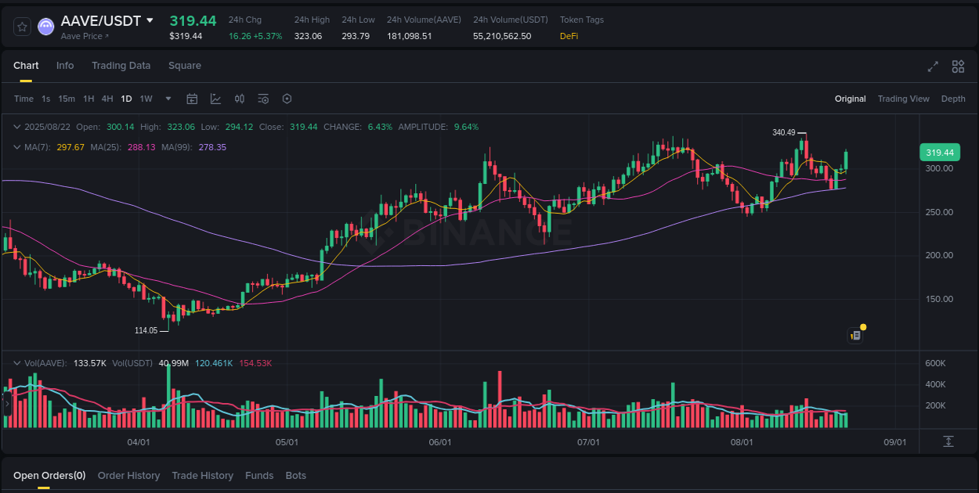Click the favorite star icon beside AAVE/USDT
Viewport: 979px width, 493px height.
tap(23, 27)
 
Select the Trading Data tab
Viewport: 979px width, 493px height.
tap(121, 66)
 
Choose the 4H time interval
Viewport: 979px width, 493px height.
tap(107, 99)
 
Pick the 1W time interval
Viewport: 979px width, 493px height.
tap(146, 99)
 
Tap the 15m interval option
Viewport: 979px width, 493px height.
tap(67, 99)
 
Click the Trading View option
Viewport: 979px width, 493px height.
tap(903, 99)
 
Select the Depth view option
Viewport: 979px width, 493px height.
tap(953, 99)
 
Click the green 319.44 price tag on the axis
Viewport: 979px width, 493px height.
tap(939, 153)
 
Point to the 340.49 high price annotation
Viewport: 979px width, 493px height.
tap(783, 133)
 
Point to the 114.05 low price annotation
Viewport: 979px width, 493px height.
tap(146, 330)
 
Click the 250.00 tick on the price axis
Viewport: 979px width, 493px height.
tap(939, 212)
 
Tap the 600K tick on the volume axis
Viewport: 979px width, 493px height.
tap(935, 363)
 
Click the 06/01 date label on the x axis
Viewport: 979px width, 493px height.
tap(440, 442)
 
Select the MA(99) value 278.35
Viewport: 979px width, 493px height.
tap(211, 147)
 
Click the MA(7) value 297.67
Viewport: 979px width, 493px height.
tap(70, 147)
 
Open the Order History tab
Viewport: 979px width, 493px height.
tap(128, 476)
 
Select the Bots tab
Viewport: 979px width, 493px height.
tap(296, 476)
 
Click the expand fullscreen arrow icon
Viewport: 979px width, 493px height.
tap(933, 67)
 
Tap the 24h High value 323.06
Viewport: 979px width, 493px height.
tap(308, 36)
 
